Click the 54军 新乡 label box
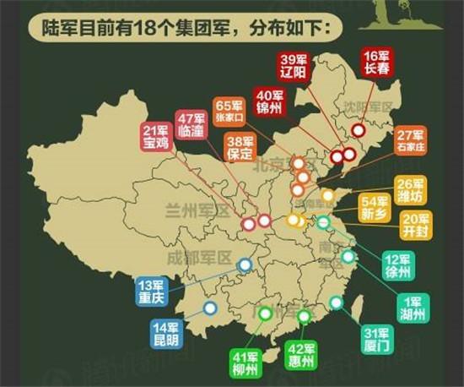[x=375, y=208]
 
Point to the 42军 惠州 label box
[x=301, y=357]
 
